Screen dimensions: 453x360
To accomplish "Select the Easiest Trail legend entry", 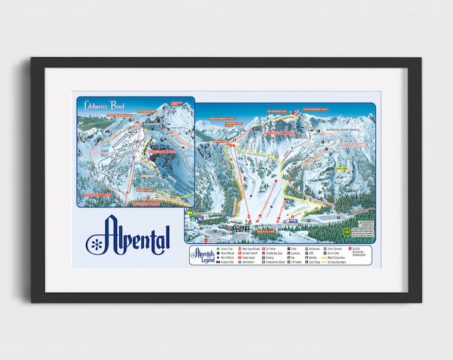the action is coord(228,248).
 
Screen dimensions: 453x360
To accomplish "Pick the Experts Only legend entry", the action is coord(228,263).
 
